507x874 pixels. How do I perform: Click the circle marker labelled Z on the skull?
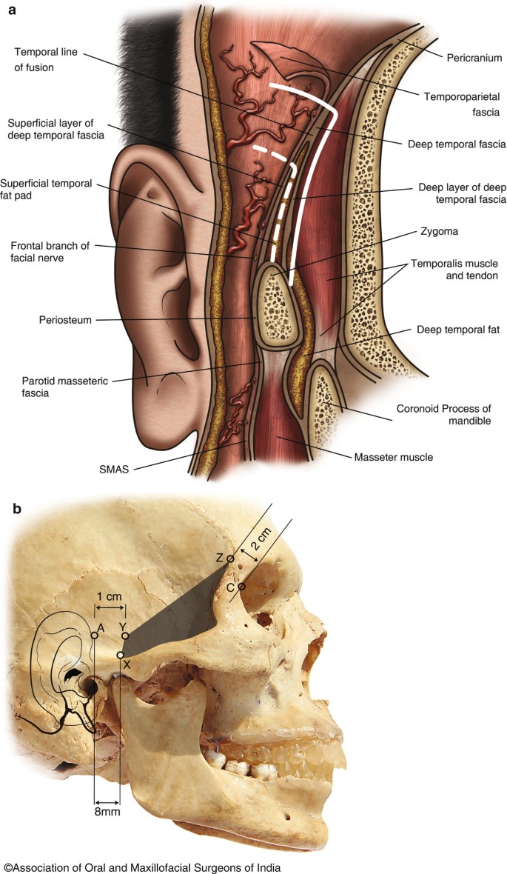pyautogui.click(x=230, y=558)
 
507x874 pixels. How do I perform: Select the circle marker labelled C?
pyautogui.click(x=241, y=587)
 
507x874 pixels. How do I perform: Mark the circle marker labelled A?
pyautogui.click(x=95, y=635)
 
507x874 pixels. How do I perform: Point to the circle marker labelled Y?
pyautogui.click(x=125, y=636)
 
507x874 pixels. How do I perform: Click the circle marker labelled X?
pyautogui.click(x=121, y=655)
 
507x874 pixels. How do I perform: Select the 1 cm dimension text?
pyautogui.click(x=110, y=596)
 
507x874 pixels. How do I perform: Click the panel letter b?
pyautogui.click(x=16, y=510)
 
